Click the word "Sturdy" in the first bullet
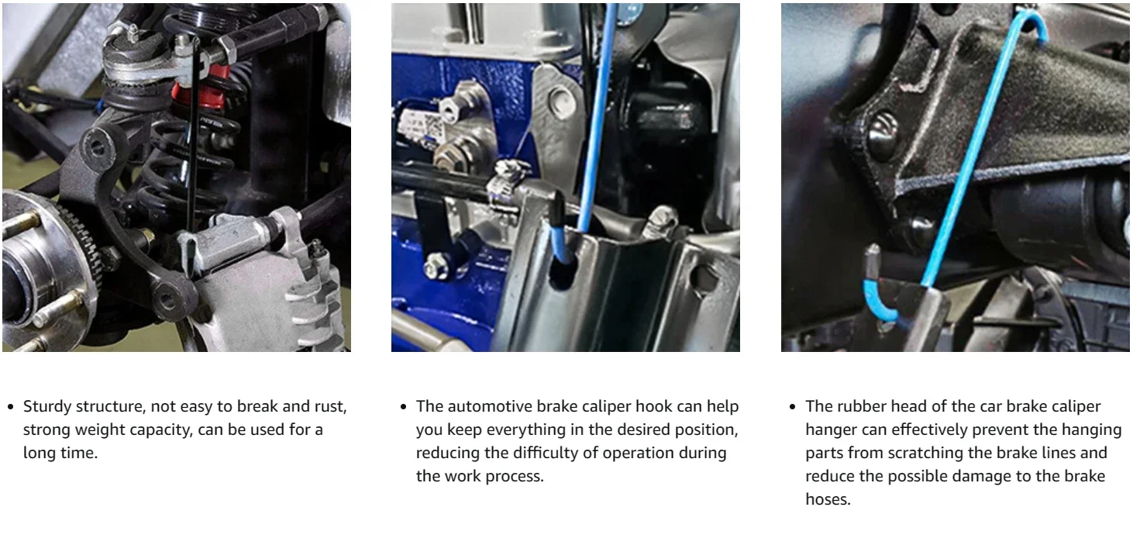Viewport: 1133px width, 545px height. coord(47,407)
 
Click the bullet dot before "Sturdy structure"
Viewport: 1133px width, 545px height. coord(11,407)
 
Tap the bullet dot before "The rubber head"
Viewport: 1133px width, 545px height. coord(793,407)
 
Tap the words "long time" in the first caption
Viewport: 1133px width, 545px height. coord(60,453)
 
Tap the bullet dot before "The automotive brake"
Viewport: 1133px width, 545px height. coord(403,407)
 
